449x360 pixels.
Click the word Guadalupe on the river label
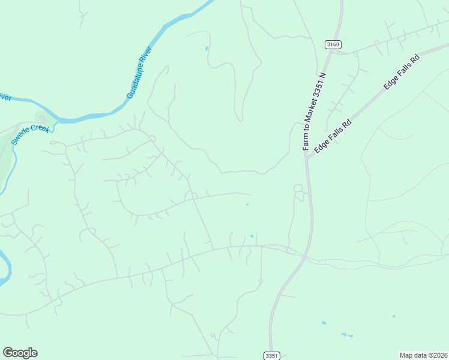(x=134, y=82)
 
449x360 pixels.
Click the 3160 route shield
(x=333, y=44)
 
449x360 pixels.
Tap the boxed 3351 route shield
(x=271, y=355)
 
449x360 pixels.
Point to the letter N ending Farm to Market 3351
(x=322, y=76)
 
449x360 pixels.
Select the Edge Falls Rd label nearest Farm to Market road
(x=332, y=137)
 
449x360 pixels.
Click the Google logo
(x=20, y=353)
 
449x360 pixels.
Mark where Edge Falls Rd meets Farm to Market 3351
(x=307, y=158)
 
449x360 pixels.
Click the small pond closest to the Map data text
(x=394, y=316)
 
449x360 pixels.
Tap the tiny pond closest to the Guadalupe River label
(x=206, y=47)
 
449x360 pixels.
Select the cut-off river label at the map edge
(x=5, y=97)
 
